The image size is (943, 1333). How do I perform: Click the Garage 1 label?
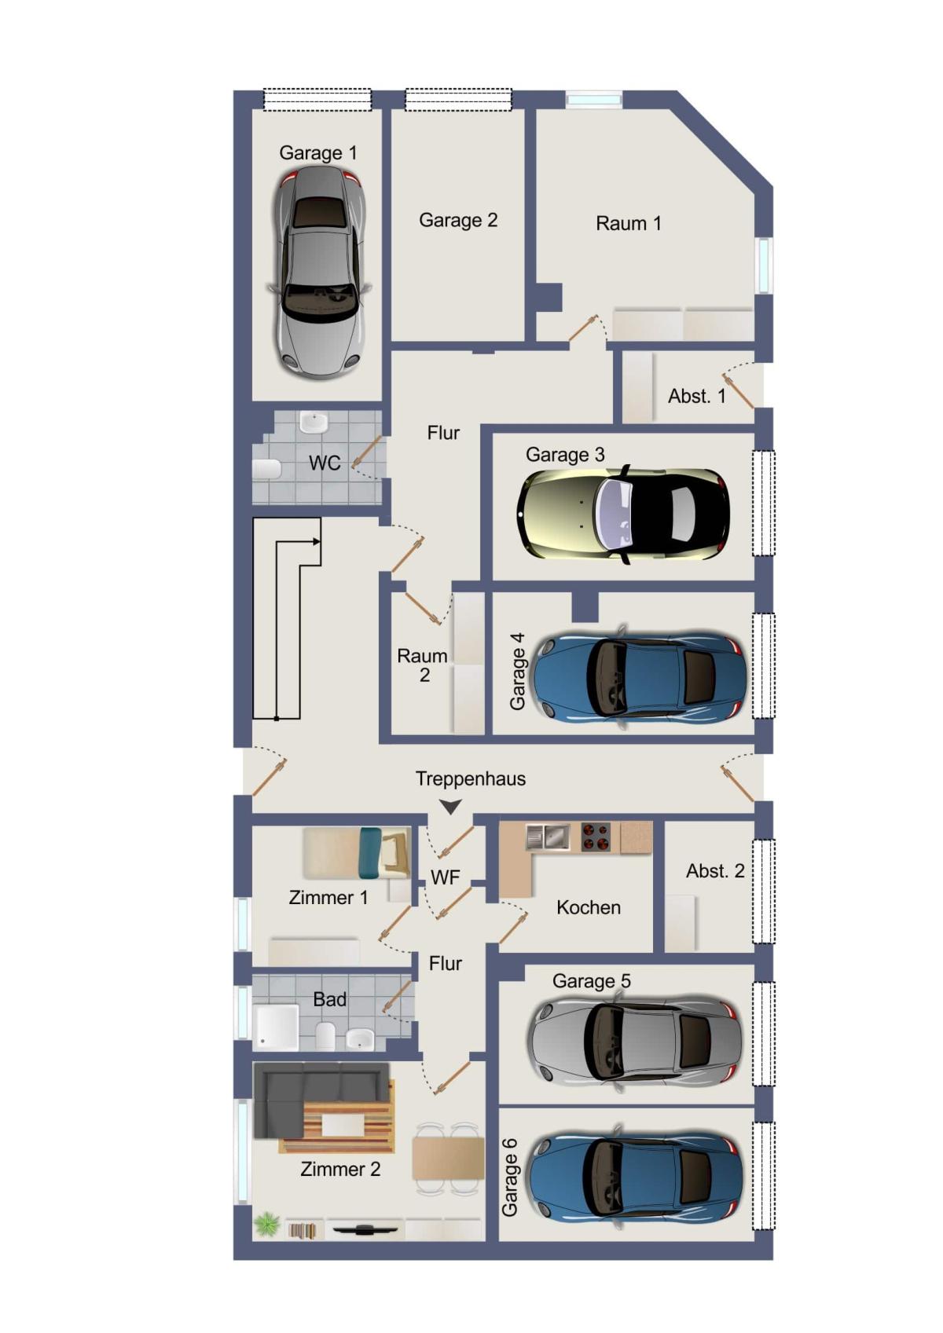(x=318, y=153)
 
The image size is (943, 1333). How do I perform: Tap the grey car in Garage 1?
(x=321, y=273)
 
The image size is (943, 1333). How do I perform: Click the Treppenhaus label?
(x=470, y=779)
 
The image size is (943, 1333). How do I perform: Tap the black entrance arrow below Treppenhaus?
(x=450, y=807)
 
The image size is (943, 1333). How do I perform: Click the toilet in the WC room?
(x=266, y=469)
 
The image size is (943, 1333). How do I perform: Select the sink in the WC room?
(x=314, y=422)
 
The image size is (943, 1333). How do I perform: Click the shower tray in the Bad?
(x=277, y=1027)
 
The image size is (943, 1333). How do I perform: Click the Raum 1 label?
(x=629, y=224)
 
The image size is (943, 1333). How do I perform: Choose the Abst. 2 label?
(x=715, y=871)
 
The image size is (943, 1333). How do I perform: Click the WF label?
(x=446, y=877)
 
